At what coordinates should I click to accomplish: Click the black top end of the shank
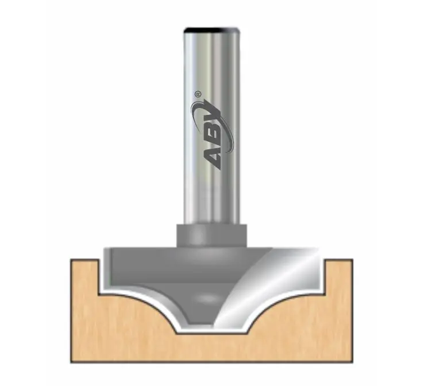coord(211,29)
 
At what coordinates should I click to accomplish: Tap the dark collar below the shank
coord(211,235)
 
